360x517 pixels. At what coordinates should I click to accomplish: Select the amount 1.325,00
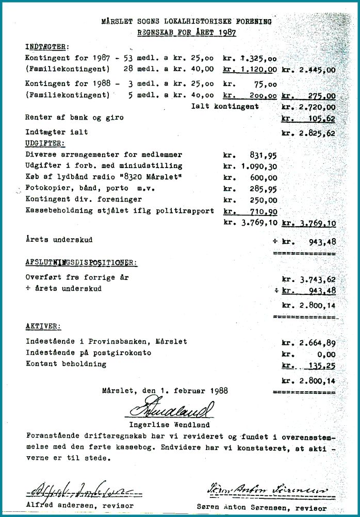258,59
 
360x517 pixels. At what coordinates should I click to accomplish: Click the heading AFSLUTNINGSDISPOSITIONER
81,262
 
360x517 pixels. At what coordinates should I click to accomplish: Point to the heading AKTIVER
43,326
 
